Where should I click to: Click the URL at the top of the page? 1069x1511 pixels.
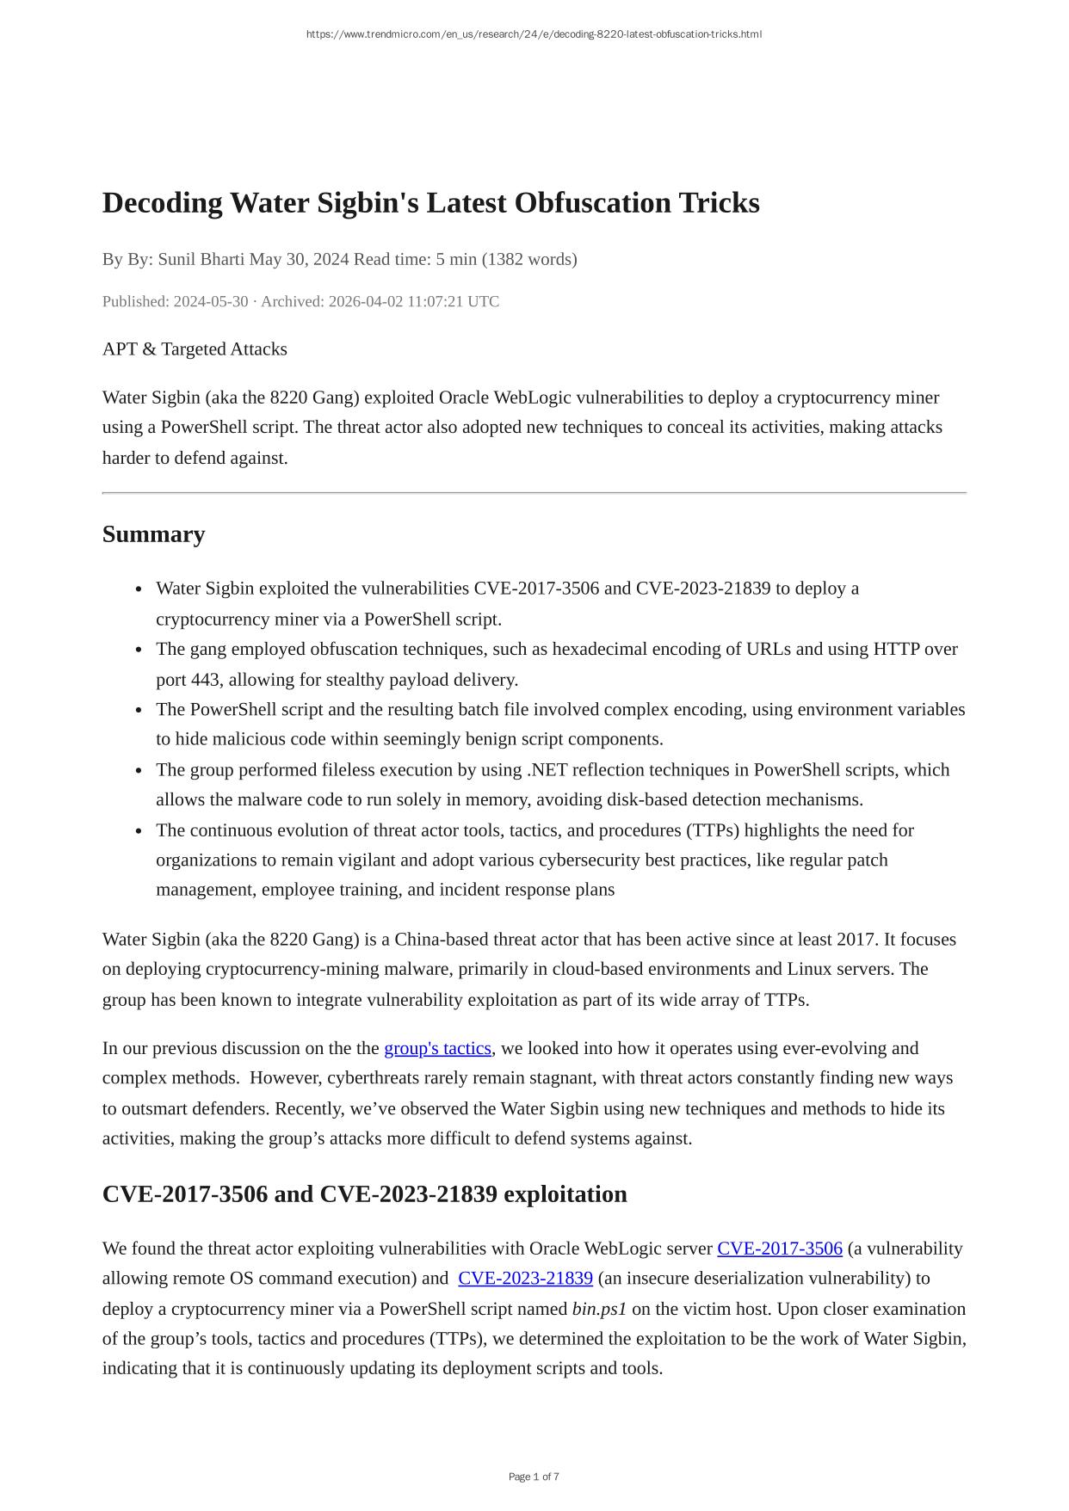[534, 34]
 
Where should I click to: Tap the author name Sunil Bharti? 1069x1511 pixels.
[201, 259]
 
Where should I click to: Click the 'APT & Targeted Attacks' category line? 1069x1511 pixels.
[195, 349]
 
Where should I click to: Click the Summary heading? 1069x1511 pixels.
[153, 534]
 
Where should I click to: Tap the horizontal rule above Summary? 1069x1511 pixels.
[534, 493]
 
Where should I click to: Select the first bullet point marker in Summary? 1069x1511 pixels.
[139, 589]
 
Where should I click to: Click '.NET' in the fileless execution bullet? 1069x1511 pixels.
[547, 770]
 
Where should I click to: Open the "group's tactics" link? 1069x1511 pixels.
[437, 1048]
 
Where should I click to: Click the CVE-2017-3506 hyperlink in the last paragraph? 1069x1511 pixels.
[779, 1249]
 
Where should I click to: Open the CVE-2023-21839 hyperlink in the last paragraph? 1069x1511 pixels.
[525, 1279]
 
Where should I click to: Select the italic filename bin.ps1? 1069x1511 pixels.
[599, 1309]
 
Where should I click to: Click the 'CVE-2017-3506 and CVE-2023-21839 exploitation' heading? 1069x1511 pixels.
[364, 1194]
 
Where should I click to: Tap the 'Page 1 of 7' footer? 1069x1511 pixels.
[534, 1477]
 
